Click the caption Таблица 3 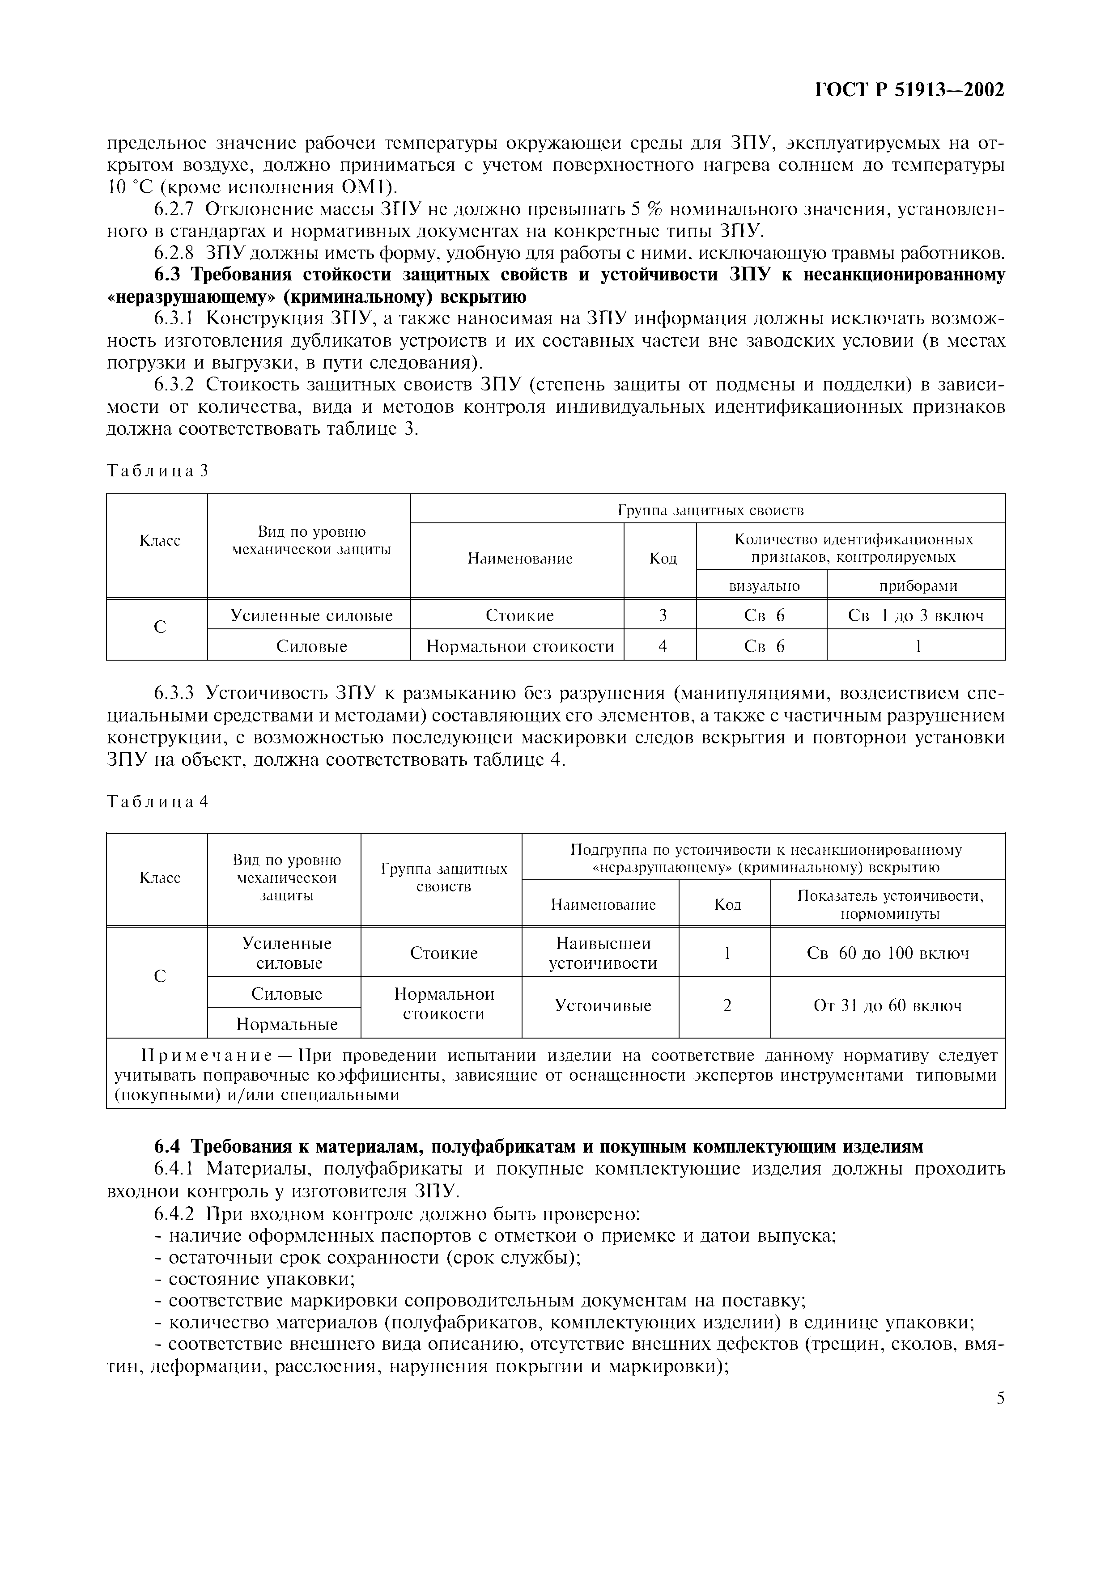pyautogui.click(x=157, y=471)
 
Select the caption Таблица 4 pyautogui.click(x=157, y=802)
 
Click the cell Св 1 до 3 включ pyautogui.click(x=916, y=616)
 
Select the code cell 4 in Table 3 pyautogui.click(x=662, y=646)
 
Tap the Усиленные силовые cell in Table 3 pyautogui.click(x=312, y=616)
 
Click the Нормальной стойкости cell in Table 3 pyautogui.click(x=520, y=646)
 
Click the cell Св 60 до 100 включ pyautogui.click(x=888, y=953)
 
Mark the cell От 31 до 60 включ pyautogui.click(x=888, y=1005)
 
